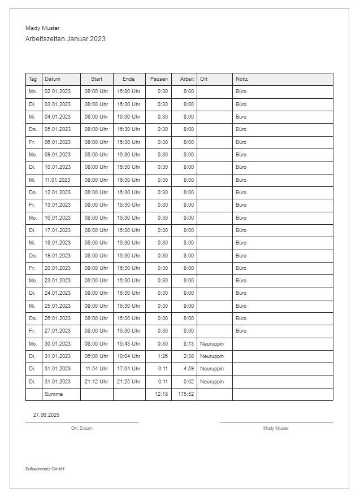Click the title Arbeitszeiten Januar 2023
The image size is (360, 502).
[66, 39]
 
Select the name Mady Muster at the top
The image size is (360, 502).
[42, 28]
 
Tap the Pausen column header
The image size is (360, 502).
[159, 79]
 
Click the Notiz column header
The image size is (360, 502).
[242, 79]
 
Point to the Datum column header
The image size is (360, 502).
[53, 79]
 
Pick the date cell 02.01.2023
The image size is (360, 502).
[58, 91]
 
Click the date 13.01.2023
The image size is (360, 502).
[58, 205]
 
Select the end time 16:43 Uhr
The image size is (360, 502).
[128, 343]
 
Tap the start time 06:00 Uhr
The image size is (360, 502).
[96, 356]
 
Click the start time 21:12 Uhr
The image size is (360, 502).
[97, 381]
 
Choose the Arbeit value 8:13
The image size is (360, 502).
[189, 343]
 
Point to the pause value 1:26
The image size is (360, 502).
[163, 356]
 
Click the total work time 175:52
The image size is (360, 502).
[186, 394]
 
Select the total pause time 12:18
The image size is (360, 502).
[161, 394]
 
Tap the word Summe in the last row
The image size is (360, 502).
[54, 394]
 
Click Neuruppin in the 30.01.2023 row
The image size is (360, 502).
[212, 343]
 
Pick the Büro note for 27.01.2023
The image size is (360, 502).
[241, 331]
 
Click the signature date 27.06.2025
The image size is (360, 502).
[46, 415]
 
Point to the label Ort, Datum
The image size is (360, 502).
[82, 429]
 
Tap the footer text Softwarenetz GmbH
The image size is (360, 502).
[45, 469]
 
